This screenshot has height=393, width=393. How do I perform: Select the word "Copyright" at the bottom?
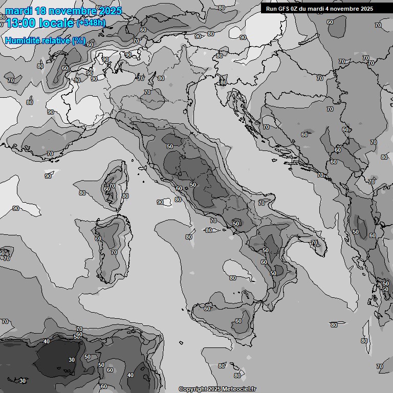point(193,389)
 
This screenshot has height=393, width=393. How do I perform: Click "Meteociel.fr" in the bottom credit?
point(239,389)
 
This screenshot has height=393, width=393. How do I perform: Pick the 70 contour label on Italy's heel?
point(314,243)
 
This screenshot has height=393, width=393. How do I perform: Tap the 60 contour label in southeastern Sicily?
point(238,321)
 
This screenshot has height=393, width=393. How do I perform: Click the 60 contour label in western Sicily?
point(207,308)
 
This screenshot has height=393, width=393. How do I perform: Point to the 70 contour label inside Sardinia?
point(114,252)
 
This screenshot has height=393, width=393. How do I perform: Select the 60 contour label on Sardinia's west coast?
point(98,238)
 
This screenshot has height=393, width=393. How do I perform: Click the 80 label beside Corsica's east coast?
point(125,196)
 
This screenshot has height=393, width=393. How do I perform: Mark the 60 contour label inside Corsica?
point(107,189)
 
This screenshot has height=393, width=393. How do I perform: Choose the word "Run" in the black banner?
point(271,9)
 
